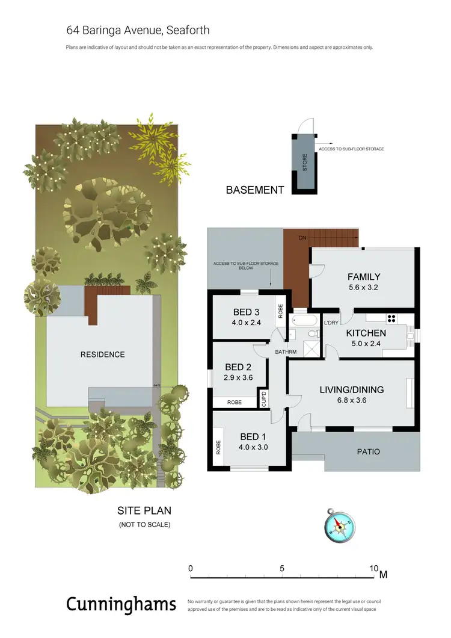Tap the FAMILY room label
pyautogui.click(x=364, y=277)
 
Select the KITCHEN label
pyautogui.click(x=366, y=333)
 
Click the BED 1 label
pyautogui.click(x=253, y=437)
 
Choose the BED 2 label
pyautogui.click(x=238, y=367)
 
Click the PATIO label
pyautogui.click(x=369, y=451)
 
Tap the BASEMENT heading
pyautogui.click(x=254, y=190)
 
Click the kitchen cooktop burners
pyautogui.click(x=392, y=320)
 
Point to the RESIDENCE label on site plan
pyautogui.click(x=102, y=355)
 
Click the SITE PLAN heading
pyautogui.click(x=144, y=511)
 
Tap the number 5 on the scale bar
pyautogui.click(x=281, y=568)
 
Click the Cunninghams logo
pyautogui.click(x=121, y=604)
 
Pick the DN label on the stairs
pyautogui.click(x=302, y=238)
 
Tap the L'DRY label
pyautogui.click(x=331, y=323)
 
